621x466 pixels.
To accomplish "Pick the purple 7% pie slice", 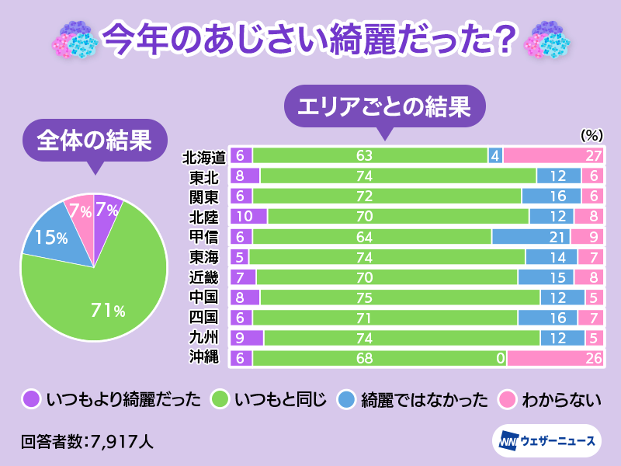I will pos(107,211).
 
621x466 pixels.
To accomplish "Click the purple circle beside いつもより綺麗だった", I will pos(30,399).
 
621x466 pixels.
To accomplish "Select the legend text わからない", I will pos(562,400).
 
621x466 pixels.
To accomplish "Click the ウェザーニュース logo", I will pos(546,440).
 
